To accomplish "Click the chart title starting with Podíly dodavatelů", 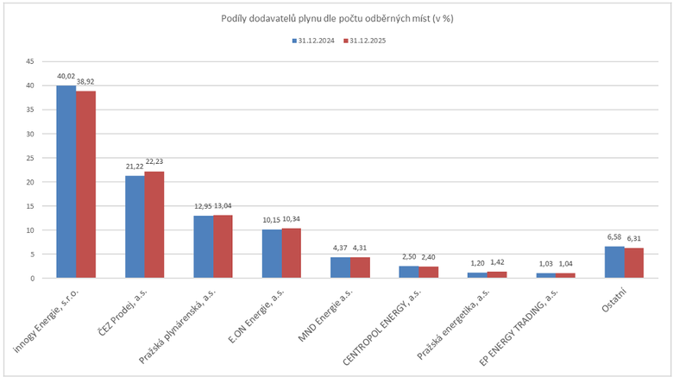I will [x=336, y=19].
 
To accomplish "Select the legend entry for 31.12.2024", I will [x=313, y=41].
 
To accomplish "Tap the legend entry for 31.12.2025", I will [x=367, y=41].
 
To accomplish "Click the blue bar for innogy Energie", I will [x=66, y=182].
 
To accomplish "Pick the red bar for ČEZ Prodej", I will [x=154, y=225].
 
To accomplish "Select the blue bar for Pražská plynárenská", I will [x=203, y=247].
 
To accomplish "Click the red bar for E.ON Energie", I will [x=291, y=253].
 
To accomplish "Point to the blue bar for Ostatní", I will [x=613, y=262].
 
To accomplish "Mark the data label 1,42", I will [x=496, y=262].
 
